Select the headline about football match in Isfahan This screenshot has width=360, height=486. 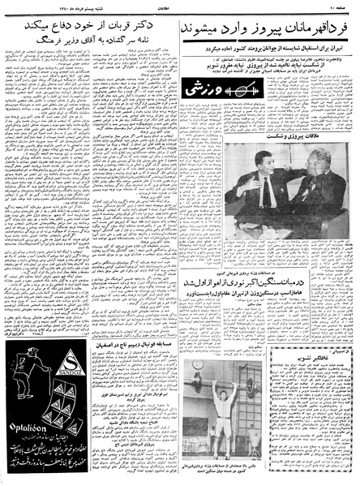point(130,343)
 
